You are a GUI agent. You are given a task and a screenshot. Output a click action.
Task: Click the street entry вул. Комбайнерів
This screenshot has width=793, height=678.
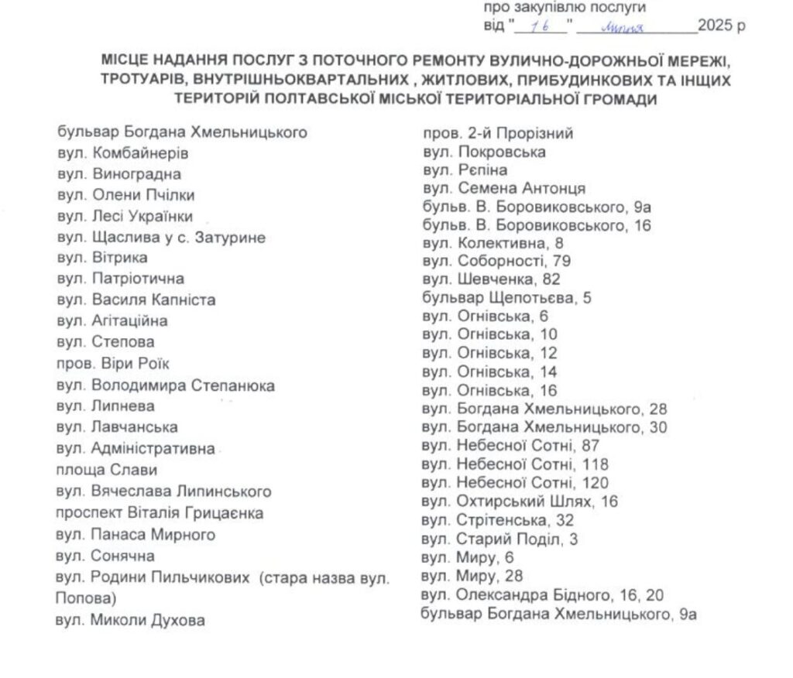122,153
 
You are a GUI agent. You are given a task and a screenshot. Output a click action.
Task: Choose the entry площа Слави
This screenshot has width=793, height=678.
106,469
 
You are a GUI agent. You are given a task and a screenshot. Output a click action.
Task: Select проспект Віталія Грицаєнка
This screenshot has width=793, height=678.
160,512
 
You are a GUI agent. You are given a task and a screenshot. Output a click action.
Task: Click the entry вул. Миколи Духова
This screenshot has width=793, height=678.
134,618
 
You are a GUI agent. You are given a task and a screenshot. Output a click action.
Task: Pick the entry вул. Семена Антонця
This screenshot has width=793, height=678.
504,188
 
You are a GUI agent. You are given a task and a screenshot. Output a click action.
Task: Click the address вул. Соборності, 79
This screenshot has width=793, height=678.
497,261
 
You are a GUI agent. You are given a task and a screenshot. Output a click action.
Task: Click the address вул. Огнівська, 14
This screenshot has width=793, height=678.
490,372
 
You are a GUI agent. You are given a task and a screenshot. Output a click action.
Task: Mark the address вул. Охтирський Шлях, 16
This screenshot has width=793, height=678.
520,502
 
